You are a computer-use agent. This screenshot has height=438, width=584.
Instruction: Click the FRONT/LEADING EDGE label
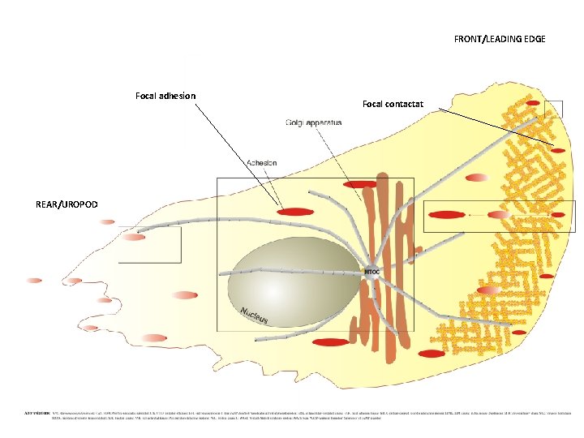(x=500, y=39)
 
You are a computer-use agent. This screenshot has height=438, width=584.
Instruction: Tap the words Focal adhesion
(x=165, y=96)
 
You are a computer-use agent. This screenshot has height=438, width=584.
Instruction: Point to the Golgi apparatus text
(x=314, y=122)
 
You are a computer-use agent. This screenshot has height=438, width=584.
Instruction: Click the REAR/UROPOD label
(x=67, y=204)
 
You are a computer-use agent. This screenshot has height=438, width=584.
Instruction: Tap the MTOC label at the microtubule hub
(x=372, y=271)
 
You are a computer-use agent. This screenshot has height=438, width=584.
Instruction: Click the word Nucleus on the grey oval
(x=253, y=316)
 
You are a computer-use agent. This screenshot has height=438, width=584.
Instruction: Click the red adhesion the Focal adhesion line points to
(x=295, y=212)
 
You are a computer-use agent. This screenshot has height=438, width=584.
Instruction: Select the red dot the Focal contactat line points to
(x=558, y=149)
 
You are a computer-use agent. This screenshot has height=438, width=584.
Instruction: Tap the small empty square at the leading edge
(x=553, y=109)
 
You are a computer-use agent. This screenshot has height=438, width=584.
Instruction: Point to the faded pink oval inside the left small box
(x=133, y=237)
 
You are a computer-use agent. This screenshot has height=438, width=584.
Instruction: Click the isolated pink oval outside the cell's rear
(x=33, y=281)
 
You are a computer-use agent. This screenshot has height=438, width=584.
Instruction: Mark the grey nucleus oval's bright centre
(x=276, y=276)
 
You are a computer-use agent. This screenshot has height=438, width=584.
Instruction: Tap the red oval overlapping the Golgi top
(x=359, y=185)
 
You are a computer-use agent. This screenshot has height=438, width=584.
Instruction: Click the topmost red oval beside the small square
(x=532, y=104)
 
